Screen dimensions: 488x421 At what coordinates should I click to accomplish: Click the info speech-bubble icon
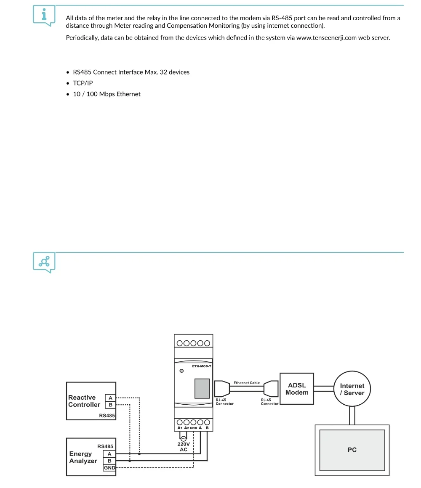(x=44, y=15)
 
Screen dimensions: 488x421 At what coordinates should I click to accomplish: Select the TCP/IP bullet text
(x=83, y=83)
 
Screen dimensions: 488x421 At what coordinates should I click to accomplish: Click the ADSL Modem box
(x=297, y=389)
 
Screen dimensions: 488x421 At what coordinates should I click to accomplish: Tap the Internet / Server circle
(x=352, y=389)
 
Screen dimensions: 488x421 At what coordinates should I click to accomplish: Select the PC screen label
(x=352, y=450)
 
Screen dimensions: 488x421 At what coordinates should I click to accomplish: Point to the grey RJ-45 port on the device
(x=202, y=388)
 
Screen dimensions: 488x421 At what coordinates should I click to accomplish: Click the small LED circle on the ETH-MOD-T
(x=181, y=371)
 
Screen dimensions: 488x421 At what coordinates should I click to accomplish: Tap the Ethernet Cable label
(x=247, y=383)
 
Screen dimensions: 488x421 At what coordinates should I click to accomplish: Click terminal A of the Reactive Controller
(x=110, y=398)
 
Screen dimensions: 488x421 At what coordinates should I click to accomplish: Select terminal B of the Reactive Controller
(x=110, y=405)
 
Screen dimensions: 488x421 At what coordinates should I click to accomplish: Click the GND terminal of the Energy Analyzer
(x=109, y=467)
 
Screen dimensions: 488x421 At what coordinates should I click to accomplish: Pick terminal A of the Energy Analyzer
(x=109, y=454)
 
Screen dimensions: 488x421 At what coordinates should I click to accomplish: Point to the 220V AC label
(x=184, y=447)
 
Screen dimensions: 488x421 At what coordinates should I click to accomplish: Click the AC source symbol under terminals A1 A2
(x=183, y=438)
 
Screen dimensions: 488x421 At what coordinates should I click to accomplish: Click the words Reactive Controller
(x=84, y=401)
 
